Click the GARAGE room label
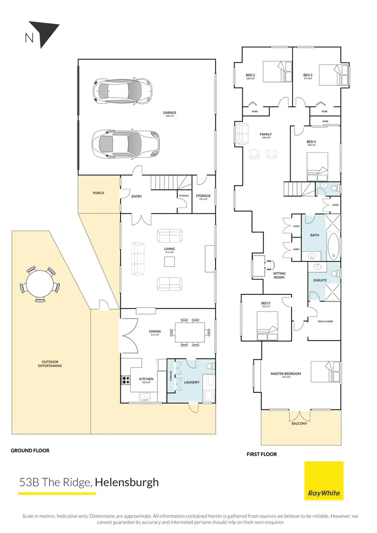[x=169, y=113]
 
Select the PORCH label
[x=99, y=193]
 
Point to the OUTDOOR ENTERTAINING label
[x=51, y=364]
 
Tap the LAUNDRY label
[x=192, y=382]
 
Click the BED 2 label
[x=250, y=75]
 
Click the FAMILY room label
[x=265, y=135]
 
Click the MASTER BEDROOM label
[x=286, y=374]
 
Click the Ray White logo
[x=324, y=481]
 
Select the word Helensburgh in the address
[x=127, y=483]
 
